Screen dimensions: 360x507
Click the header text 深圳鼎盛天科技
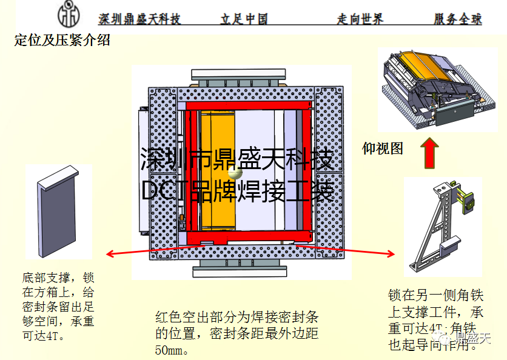(x=139, y=19)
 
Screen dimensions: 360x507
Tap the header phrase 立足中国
(x=244, y=19)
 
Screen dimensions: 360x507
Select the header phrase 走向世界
(x=360, y=19)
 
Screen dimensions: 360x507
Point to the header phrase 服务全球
(x=458, y=19)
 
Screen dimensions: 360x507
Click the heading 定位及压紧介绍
(x=62, y=41)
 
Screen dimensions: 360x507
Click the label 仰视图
(x=383, y=148)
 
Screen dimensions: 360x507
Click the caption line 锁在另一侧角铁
(x=435, y=296)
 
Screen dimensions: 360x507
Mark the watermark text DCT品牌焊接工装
(x=238, y=191)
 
